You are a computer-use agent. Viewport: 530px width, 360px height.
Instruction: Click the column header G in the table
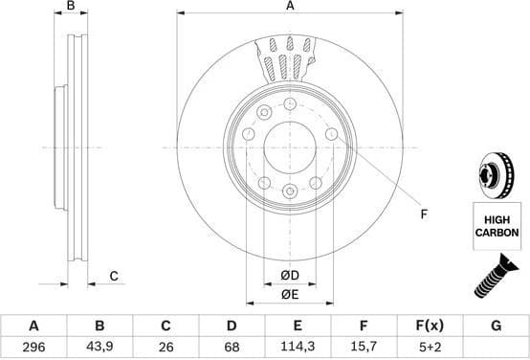click(496, 326)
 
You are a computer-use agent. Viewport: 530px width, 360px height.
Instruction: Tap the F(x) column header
click(430, 326)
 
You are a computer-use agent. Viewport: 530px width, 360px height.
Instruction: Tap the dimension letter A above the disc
click(289, 7)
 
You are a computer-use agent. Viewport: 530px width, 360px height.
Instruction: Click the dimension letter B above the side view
click(70, 7)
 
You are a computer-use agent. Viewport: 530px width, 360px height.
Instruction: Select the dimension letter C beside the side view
click(113, 277)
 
